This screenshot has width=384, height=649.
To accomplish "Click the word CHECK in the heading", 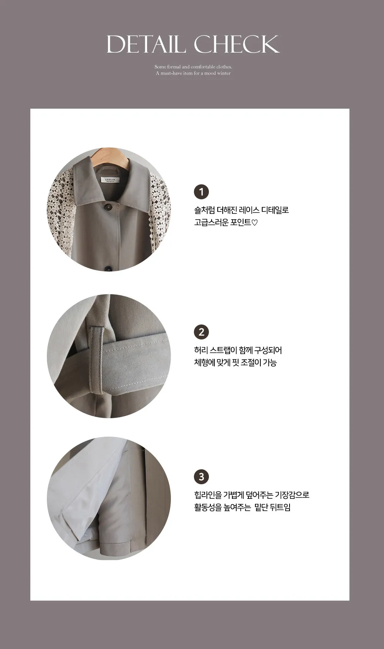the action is (237, 44).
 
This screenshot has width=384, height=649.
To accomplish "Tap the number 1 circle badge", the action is (201, 192).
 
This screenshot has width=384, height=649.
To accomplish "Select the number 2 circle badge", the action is (201, 332).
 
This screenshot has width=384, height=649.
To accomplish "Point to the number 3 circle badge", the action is (201, 477).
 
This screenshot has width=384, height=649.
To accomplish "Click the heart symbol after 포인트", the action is (255, 222).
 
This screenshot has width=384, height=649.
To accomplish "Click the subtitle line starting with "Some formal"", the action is (193, 67).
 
